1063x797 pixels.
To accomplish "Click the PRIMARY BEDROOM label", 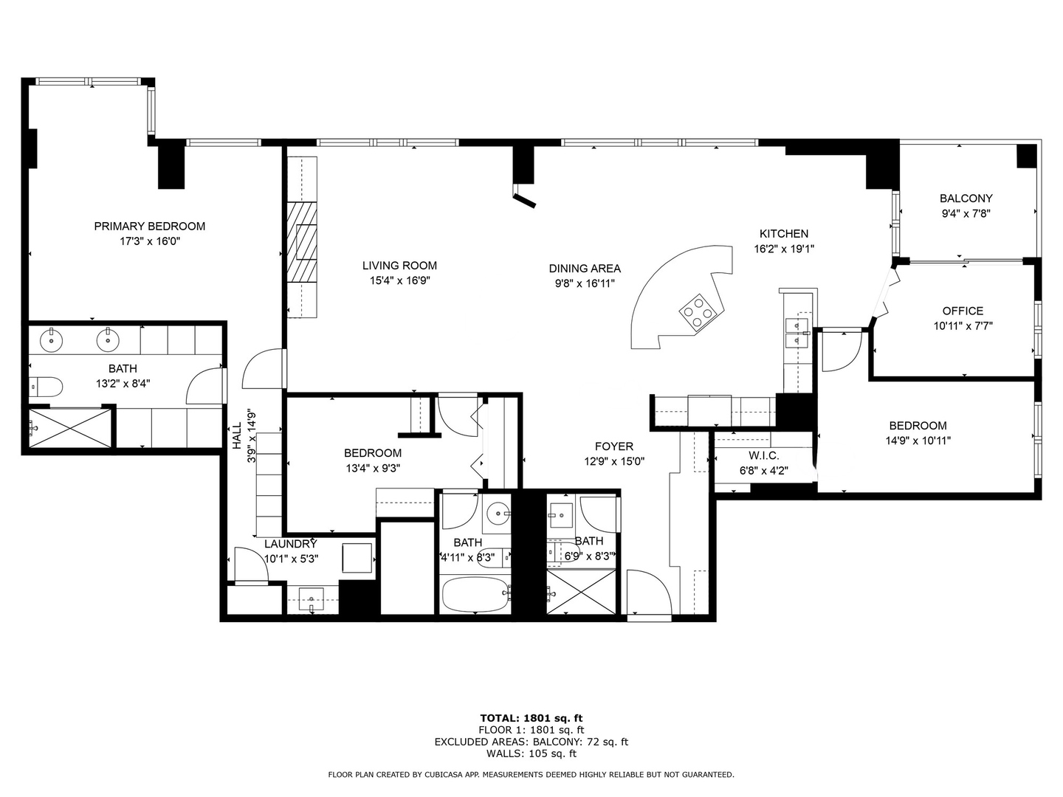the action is pyautogui.click(x=150, y=226).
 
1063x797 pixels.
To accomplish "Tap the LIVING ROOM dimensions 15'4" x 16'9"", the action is pyautogui.click(x=399, y=280).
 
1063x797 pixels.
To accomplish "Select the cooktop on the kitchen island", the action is pyautogui.click(x=698, y=313).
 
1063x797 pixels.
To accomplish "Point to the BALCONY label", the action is pyautogui.click(x=966, y=199).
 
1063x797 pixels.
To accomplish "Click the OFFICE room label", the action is pyautogui.click(x=963, y=311).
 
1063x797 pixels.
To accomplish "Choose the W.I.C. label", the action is pyautogui.click(x=764, y=455).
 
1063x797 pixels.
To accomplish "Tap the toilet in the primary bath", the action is pyautogui.click(x=46, y=386).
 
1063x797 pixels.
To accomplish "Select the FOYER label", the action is pyautogui.click(x=614, y=446).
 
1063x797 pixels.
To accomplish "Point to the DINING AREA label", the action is pyautogui.click(x=585, y=268).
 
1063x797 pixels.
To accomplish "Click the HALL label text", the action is pyautogui.click(x=237, y=435).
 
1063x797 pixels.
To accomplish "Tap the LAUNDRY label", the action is pyautogui.click(x=291, y=544).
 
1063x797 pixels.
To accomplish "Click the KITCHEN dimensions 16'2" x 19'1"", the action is pyautogui.click(x=783, y=249).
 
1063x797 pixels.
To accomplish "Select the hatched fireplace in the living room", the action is pyautogui.click(x=302, y=243).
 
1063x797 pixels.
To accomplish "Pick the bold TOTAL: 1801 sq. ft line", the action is pyautogui.click(x=531, y=718).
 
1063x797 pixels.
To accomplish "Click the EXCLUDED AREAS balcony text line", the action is pyautogui.click(x=531, y=742).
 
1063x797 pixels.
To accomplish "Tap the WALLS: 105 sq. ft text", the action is pyautogui.click(x=531, y=753).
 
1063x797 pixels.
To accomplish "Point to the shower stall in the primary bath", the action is pyautogui.click(x=69, y=428).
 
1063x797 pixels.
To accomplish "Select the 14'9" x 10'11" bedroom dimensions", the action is pyautogui.click(x=918, y=441).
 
